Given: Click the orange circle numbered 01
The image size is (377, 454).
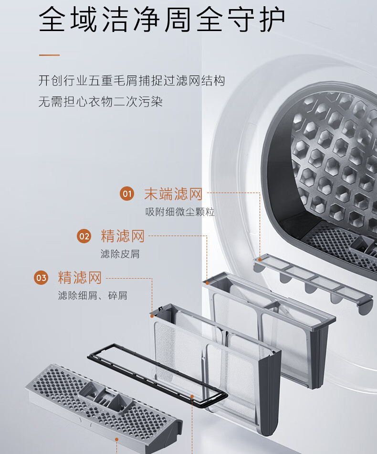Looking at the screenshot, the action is click(127, 194).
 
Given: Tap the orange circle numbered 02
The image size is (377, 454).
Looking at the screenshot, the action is click(84, 236).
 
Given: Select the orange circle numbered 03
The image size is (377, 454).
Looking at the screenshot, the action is click(41, 278).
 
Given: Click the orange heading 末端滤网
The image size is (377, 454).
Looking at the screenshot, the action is click(173, 194).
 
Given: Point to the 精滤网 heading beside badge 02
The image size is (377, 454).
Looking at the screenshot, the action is click(123, 236).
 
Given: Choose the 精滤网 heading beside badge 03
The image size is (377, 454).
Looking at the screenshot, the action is click(80, 278).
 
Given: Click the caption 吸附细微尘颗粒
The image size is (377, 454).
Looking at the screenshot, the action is click(180, 212).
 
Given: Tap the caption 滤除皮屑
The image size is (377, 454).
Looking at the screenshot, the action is click(120, 254).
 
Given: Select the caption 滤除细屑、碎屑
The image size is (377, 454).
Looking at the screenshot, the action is click(93, 296).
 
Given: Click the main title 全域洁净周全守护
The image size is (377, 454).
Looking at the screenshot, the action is click(162, 19).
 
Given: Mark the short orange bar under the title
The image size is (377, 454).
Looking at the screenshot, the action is click(49, 55).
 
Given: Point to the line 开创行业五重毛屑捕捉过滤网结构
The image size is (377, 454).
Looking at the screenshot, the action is click(132, 80).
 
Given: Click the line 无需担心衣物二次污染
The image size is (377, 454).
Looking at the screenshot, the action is click(101, 102).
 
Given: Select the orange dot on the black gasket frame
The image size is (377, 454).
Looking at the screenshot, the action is click(192, 396).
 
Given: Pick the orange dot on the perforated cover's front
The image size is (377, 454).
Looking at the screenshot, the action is click(116, 439).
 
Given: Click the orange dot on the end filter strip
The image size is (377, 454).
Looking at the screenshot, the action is click(260, 259).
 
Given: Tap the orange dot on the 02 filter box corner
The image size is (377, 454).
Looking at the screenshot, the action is click(207, 283).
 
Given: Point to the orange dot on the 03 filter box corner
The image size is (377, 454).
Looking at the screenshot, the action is click(152, 316).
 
